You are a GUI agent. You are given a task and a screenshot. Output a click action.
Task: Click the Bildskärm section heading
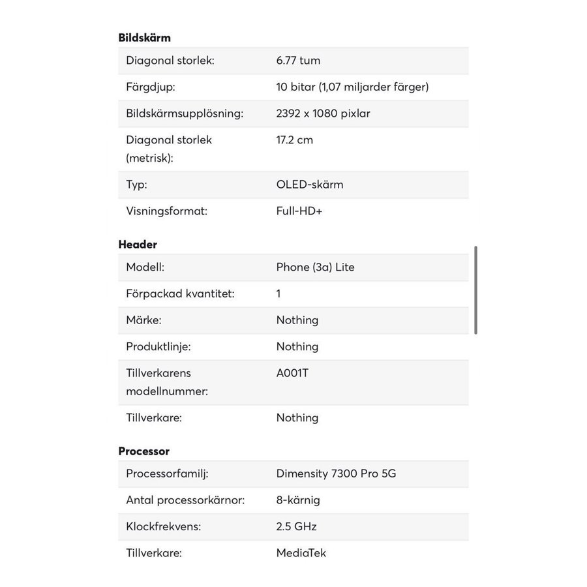[144, 38]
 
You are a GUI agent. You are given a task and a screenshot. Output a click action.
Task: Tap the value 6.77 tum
[298, 61]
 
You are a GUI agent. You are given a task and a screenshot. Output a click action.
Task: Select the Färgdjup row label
[150, 87]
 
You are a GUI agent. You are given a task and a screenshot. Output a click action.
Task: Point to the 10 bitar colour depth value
[352, 87]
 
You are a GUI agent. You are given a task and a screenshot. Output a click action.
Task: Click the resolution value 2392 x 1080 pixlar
[323, 113]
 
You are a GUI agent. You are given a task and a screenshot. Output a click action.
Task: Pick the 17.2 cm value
[294, 140]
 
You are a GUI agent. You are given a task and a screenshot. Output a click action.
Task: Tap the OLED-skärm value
[310, 185]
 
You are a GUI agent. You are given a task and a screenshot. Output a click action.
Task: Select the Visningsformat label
[166, 211]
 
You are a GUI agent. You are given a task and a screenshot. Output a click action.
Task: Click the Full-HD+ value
[299, 211]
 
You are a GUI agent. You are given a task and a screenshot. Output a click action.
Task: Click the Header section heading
[138, 245]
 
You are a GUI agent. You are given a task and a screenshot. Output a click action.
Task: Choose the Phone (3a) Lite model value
[315, 267]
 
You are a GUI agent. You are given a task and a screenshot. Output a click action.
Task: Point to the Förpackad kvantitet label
[180, 293]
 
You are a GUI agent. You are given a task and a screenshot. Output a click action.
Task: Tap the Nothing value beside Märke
[297, 320]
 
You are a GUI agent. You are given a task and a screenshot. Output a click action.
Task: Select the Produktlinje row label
[158, 346]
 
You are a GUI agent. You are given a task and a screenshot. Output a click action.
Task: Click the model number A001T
[292, 373]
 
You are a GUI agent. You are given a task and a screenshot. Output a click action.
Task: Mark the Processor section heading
[143, 451]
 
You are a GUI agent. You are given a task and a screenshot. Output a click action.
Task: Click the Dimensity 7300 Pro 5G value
[336, 474]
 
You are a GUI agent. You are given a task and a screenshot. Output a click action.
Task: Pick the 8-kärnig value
[298, 500]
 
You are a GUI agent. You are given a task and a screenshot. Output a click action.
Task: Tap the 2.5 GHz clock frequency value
[296, 526]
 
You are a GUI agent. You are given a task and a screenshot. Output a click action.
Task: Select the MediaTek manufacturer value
[301, 553]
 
